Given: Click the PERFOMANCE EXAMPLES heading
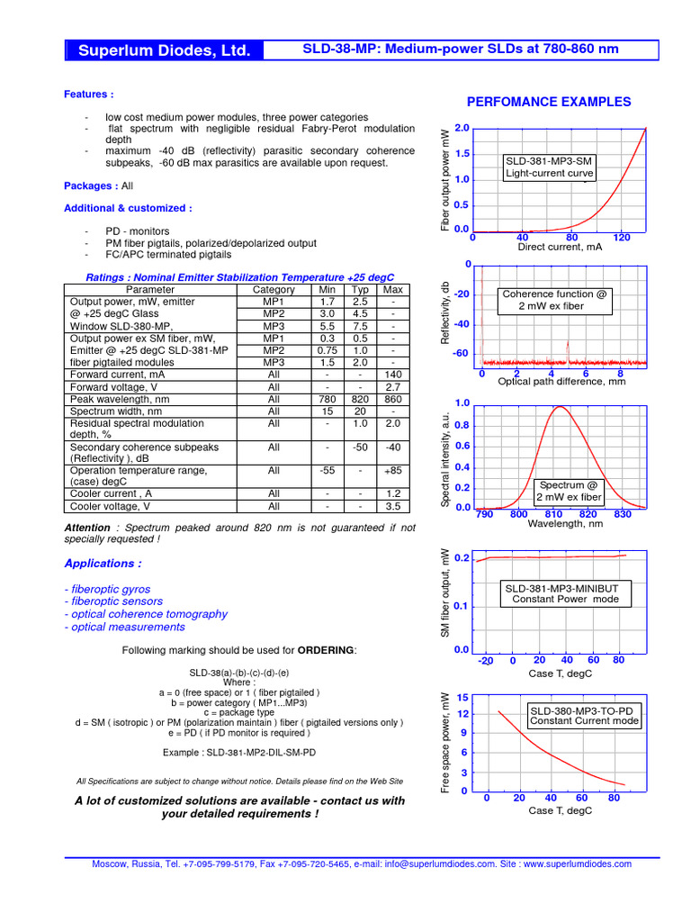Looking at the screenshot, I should pyautogui.click(x=549, y=102).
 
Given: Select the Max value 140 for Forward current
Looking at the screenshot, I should pyautogui.click(x=392, y=374).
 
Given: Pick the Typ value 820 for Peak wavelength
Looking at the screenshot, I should pyautogui.click(x=360, y=399).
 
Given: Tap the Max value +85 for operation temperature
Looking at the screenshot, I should pyautogui.click(x=392, y=470).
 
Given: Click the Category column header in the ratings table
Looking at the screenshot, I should pyautogui.click(x=274, y=290).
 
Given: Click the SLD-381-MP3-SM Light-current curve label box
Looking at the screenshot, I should pyautogui.click(x=548, y=167).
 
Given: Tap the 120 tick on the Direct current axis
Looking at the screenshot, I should pyautogui.click(x=621, y=238).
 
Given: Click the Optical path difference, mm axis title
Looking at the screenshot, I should pyautogui.click(x=561, y=382).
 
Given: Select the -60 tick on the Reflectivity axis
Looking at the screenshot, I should pyautogui.click(x=461, y=354).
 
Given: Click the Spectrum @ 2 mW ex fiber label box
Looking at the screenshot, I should pyautogui.click(x=568, y=491).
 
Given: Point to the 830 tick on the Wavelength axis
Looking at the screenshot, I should pyautogui.click(x=622, y=514).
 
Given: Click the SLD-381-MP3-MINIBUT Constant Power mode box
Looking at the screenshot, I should pyautogui.click(x=560, y=592).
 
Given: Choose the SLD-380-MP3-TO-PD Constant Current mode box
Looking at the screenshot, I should pyautogui.click(x=584, y=715).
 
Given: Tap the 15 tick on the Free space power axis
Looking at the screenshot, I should pyautogui.click(x=462, y=698).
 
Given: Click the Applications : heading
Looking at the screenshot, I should pyautogui.click(x=103, y=564).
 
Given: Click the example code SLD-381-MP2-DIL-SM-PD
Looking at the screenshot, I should pyautogui.click(x=239, y=752).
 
